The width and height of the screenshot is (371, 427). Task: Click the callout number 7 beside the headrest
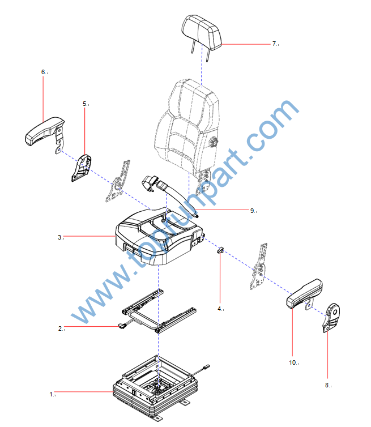pos(274,44)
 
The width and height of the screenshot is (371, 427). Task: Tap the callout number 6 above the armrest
pos(43,72)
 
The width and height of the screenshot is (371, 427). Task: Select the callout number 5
pos(85,104)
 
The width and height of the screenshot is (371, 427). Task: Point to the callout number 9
pos(252,211)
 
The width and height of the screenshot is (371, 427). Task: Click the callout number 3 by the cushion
pos(59,237)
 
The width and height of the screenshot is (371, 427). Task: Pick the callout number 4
pos(220,309)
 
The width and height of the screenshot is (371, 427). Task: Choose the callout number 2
pos(60,328)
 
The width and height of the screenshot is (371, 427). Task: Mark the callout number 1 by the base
pos(52,394)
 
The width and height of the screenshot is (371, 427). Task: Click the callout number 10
pos(292,362)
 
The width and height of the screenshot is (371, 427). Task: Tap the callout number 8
pos(327,385)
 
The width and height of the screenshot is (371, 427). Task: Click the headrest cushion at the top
pos(202,32)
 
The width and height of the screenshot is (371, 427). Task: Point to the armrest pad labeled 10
pos(304,293)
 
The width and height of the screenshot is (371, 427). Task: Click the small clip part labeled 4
pos(220,250)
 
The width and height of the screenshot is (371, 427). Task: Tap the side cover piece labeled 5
pos(81,168)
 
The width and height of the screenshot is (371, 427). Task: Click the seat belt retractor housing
pos(150,182)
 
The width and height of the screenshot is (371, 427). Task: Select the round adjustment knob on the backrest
pos(213,142)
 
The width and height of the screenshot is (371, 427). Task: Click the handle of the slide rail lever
pos(122,325)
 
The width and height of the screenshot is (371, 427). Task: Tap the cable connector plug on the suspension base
pos(206,367)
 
